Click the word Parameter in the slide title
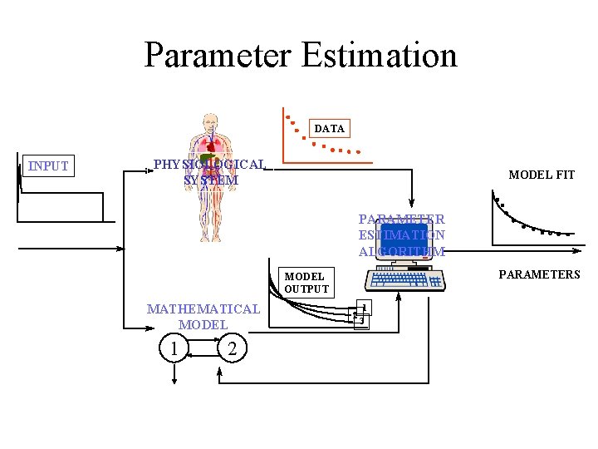[218, 56]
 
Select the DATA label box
[330, 129]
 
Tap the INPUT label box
[48, 166]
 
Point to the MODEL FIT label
[542, 175]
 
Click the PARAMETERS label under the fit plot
[539, 274]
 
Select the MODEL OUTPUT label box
[306, 283]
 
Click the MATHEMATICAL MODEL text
[203, 317]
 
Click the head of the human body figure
[213, 122]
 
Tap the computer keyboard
[408, 279]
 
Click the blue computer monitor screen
[404, 237]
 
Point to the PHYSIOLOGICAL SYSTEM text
[210, 172]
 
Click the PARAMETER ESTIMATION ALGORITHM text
[402, 235]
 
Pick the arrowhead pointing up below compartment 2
[219, 373]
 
